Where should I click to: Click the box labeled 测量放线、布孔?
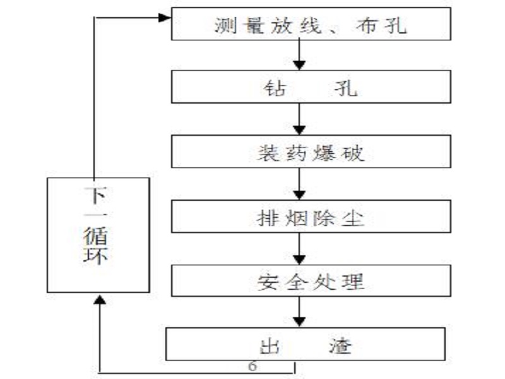coord(311,24)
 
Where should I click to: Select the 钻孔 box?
coord(311,87)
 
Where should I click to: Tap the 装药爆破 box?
coord(311,152)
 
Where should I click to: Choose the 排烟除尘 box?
coord(311,216)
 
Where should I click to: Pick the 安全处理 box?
coord(311,280)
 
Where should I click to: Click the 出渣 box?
coord(306,344)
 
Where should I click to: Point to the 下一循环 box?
coord(98,235)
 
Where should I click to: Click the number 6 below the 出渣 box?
coord(253,366)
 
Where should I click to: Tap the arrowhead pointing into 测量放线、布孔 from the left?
coord(165,18)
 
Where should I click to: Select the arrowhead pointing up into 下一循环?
coord(100,299)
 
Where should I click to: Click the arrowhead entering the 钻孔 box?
coord(299,66)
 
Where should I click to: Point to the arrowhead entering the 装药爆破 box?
coord(299,130)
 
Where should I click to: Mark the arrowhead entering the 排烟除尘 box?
coord(299,195)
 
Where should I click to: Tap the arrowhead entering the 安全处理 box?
coord(299,260)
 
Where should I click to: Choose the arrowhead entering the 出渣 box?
coord(299,322)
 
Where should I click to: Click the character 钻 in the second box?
coord(275,88)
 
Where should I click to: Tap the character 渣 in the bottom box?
coord(340,346)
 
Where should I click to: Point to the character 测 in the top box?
coord(225,25)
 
